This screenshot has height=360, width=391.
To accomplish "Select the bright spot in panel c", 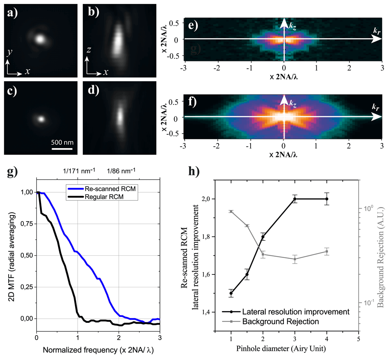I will coord(42,118).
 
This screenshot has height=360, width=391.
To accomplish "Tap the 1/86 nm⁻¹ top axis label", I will coord(122,170).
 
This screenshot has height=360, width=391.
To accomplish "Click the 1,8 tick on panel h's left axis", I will coord(206,237).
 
